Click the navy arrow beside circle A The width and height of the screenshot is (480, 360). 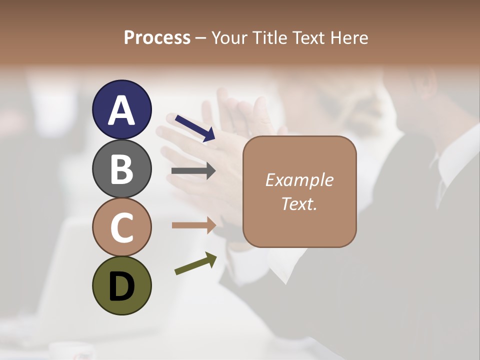tap(194, 128)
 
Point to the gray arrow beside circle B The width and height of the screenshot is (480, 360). tap(193, 171)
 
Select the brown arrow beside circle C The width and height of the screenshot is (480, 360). tap(193, 225)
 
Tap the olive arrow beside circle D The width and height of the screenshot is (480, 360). tap(195, 264)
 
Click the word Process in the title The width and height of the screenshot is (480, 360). tap(157, 38)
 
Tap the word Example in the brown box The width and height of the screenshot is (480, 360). tap(299, 180)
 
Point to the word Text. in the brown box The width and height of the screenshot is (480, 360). tap(299, 203)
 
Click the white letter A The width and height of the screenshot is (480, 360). tap(121, 110)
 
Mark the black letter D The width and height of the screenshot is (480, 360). tap(121, 286)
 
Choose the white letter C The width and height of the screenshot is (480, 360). tap(121, 227)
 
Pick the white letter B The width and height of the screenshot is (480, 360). tap(121, 169)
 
